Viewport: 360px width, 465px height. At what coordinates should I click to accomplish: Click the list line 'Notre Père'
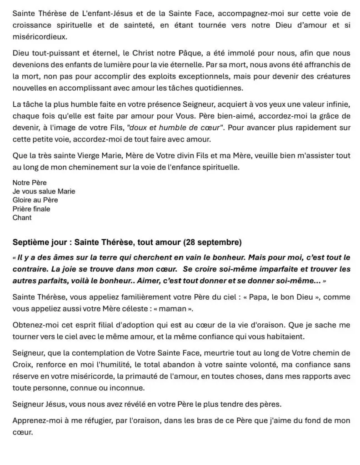click(30, 183)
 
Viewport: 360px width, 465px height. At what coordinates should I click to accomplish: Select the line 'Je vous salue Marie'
click(44, 192)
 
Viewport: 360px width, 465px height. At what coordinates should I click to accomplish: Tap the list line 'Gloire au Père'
click(35, 200)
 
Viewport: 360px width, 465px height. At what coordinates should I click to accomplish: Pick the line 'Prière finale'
click(31, 209)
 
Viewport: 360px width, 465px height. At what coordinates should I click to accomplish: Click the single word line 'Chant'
click(22, 218)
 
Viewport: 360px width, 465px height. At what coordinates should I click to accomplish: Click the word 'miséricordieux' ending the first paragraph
click(40, 35)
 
